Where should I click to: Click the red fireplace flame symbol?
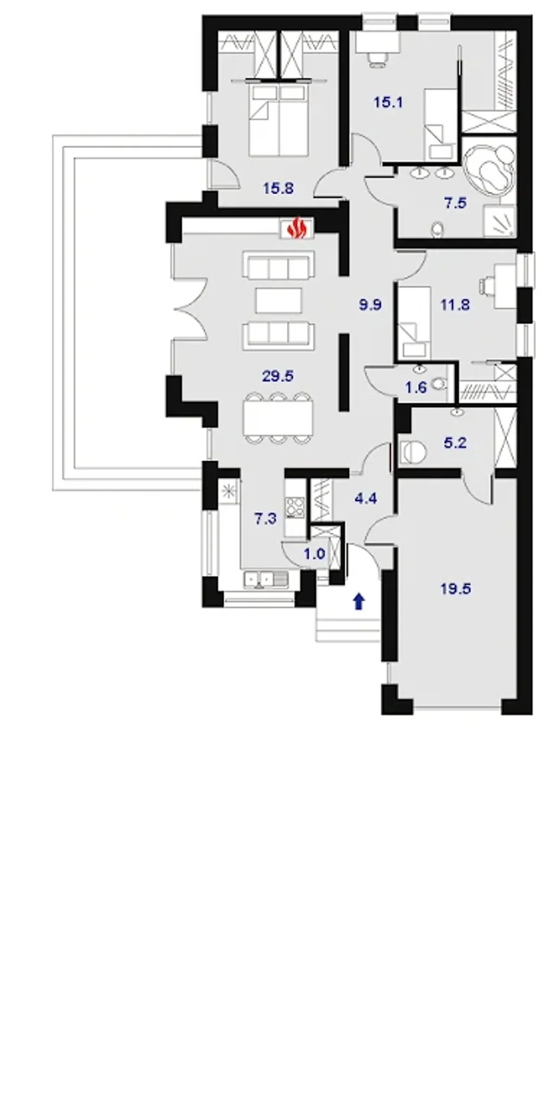pos(297,228)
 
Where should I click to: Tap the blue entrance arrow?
pos(359,601)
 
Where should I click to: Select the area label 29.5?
pos(278,376)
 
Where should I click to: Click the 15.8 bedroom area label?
pos(278,188)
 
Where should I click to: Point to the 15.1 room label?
pos(388,103)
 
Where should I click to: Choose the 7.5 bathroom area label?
pos(455,203)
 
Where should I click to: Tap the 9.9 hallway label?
pos(370,305)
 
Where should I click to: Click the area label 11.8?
pos(455,305)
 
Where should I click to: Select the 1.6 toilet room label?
pos(416,387)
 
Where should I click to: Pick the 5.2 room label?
pos(455,443)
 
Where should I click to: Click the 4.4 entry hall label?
pos(366,499)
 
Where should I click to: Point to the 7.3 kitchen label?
pos(265,518)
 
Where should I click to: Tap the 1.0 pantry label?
pos(314,554)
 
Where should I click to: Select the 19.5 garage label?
pos(456,589)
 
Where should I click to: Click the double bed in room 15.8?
pos(278,120)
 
